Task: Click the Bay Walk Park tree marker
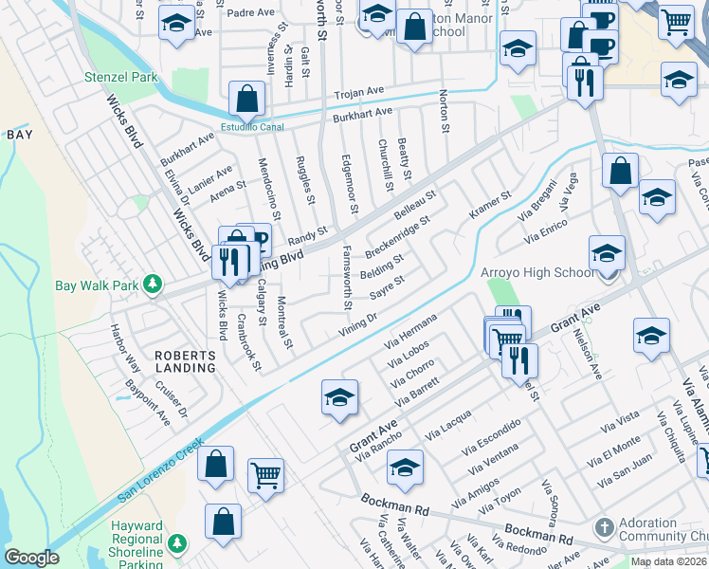pos(151,284)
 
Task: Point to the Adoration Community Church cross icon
pos(604,526)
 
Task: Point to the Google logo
pos(31,558)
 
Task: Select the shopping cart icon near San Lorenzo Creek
pos(265,475)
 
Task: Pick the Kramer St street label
pos(489,206)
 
